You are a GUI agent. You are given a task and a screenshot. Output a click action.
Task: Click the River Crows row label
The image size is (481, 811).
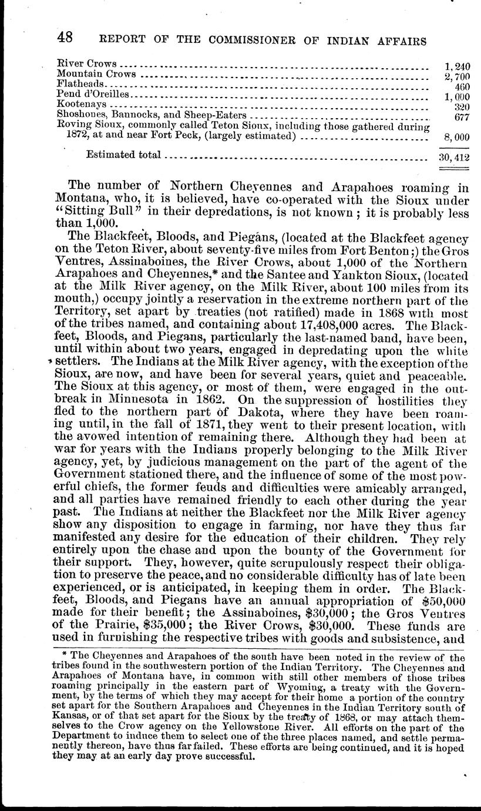[87, 63]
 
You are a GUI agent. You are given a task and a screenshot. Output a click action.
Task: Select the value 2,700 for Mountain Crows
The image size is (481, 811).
[457, 76]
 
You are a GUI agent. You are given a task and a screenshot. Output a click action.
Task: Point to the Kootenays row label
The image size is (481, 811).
[81, 104]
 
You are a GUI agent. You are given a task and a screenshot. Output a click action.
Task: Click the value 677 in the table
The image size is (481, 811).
[460, 116]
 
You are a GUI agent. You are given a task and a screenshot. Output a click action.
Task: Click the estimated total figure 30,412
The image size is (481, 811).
[455, 157]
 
